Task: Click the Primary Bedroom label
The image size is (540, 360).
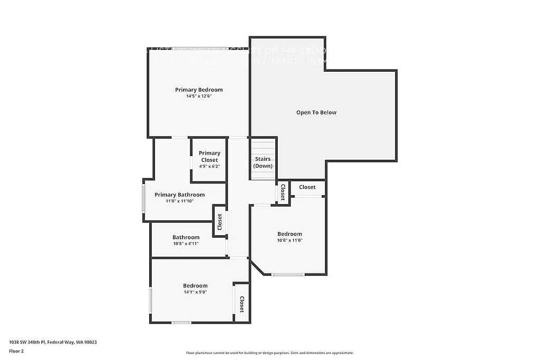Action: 199,90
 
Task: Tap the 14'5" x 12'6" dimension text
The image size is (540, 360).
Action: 199,96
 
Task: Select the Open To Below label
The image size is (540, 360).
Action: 316,112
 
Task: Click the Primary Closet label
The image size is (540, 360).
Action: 209,157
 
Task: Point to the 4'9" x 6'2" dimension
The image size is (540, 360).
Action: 209,167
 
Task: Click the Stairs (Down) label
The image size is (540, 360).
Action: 263,162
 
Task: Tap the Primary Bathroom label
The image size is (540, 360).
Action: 179,194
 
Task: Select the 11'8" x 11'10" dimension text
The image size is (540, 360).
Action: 179,201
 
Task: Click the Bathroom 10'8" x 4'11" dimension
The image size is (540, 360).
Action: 186,244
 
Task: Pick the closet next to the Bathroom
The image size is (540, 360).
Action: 219,222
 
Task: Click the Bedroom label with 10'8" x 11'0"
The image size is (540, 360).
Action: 290,234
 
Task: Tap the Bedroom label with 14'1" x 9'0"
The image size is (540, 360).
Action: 195,286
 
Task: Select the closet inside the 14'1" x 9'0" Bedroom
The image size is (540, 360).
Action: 242,304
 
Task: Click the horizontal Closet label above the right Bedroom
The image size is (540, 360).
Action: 307,187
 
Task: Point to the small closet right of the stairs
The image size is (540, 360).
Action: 283,192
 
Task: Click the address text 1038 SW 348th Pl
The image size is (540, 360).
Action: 53,342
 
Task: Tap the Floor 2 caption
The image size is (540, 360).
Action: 16,351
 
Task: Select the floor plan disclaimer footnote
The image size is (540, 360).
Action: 269,353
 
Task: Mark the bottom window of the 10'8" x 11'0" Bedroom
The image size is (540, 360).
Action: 288,274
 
